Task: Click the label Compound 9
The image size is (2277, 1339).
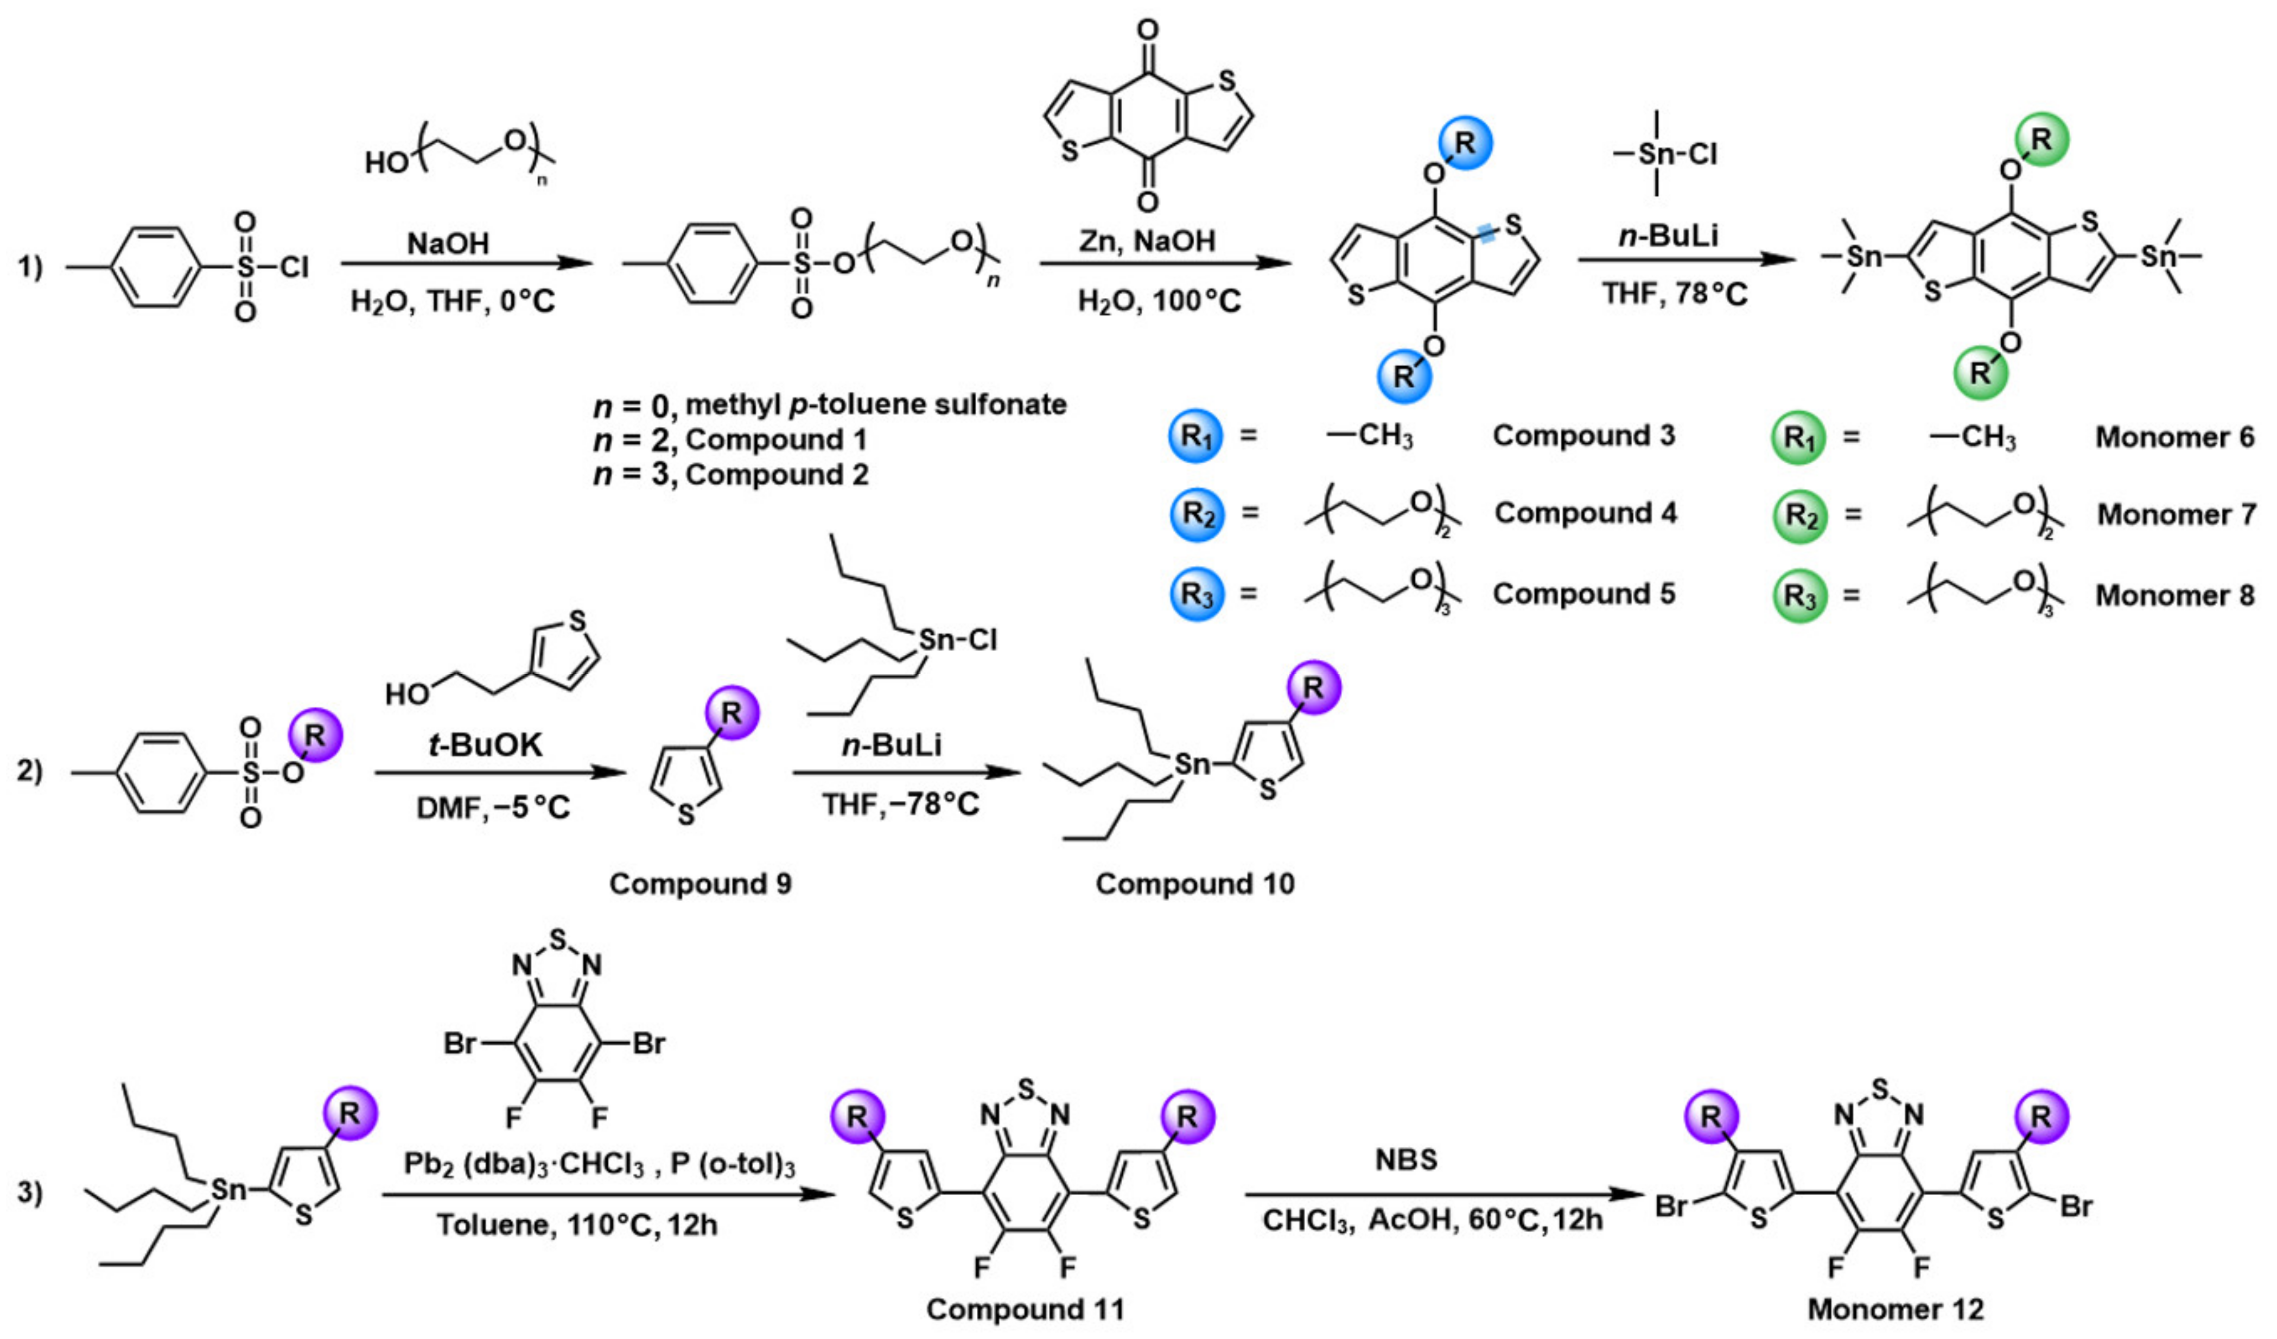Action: pyautogui.click(x=700, y=884)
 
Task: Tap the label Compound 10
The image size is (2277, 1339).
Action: pyautogui.click(x=1194, y=884)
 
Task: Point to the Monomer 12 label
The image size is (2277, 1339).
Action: pyautogui.click(x=1896, y=1309)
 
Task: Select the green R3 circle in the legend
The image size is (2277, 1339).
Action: pyautogui.click(x=1799, y=596)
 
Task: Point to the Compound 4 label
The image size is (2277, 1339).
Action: pyautogui.click(x=1585, y=513)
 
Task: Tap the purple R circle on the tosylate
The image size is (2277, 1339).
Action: pyautogui.click(x=314, y=736)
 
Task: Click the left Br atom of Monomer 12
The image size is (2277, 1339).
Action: pyautogui.click(x=1671, y=1206)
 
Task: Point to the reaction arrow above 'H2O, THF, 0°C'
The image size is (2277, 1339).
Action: pyautogui.click(x=466, y=264)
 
